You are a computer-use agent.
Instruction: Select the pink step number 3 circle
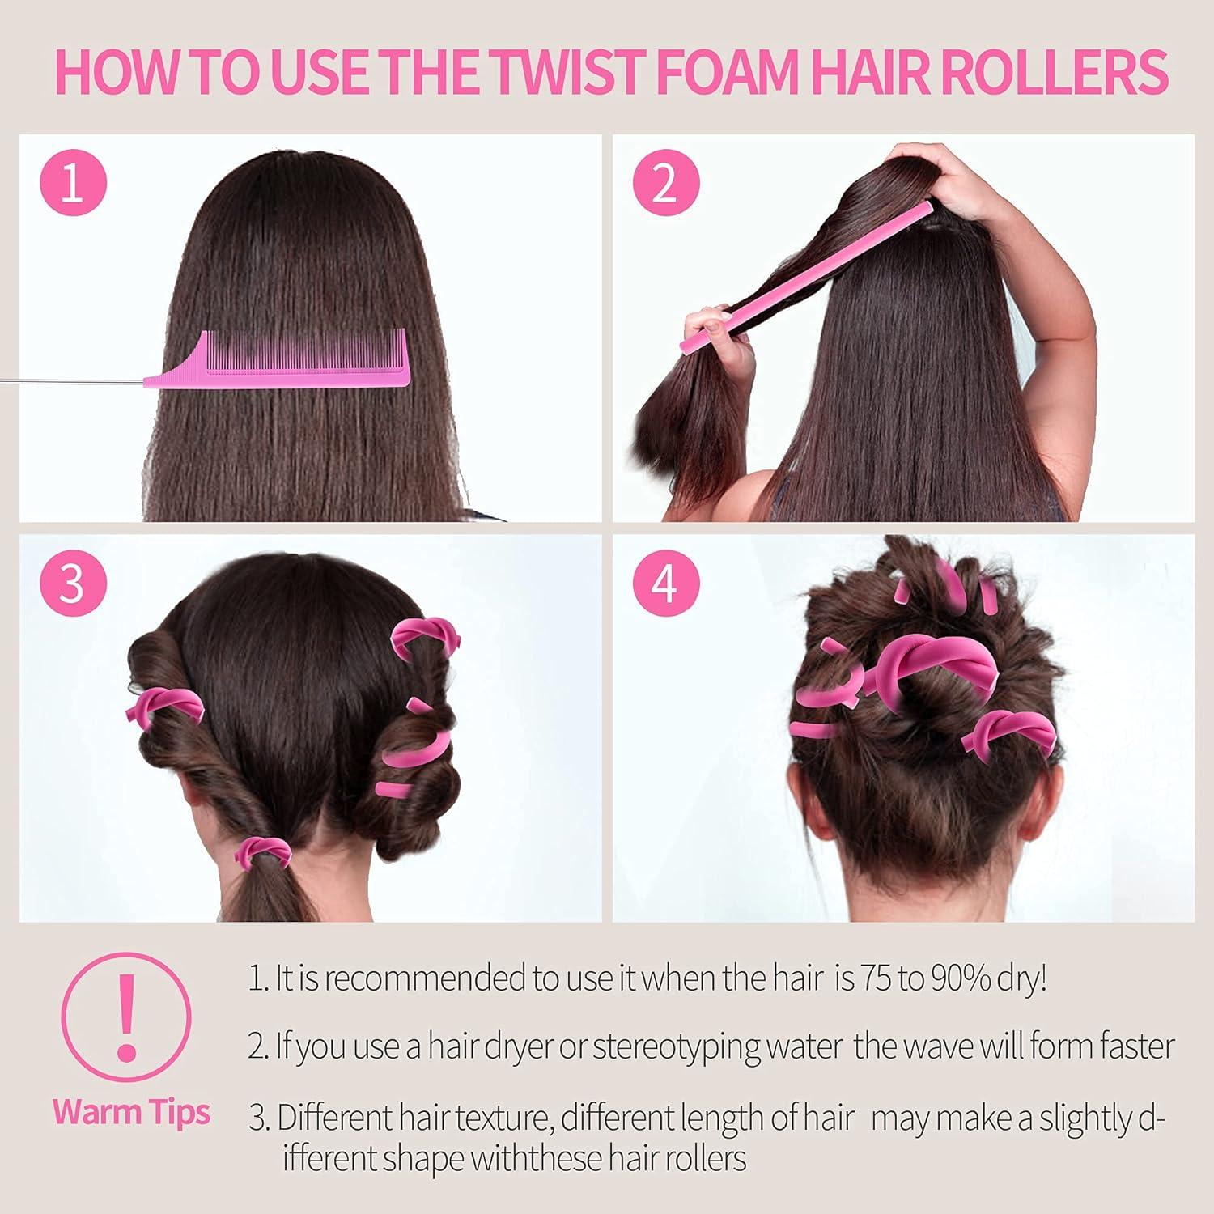tap(72, 583)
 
